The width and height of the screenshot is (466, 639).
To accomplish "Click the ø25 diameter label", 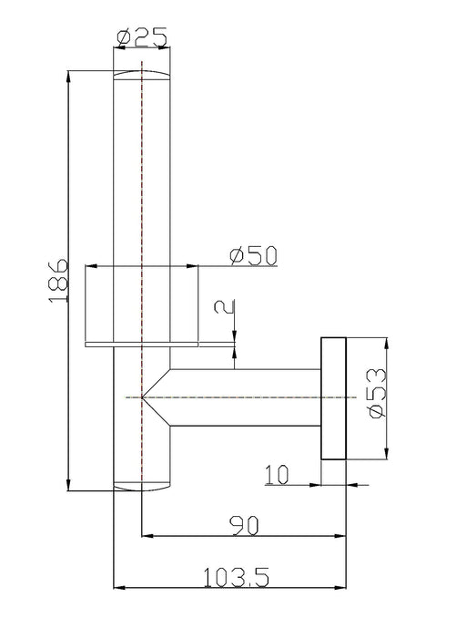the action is (142, 37).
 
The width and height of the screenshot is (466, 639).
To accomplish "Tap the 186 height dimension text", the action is (58, 281).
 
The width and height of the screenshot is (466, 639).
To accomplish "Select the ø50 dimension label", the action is (253, 255).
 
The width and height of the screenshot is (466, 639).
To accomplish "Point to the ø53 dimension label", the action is (377, 393).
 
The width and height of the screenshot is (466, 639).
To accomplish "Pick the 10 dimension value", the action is (278, 475).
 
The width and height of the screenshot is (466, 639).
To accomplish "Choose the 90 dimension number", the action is (244, 526).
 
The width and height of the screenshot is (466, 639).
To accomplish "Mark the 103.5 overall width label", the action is (236, 577).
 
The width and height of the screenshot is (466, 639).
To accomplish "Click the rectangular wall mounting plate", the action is (333, 398).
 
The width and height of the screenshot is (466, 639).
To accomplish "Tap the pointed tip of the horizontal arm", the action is (142, 397).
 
